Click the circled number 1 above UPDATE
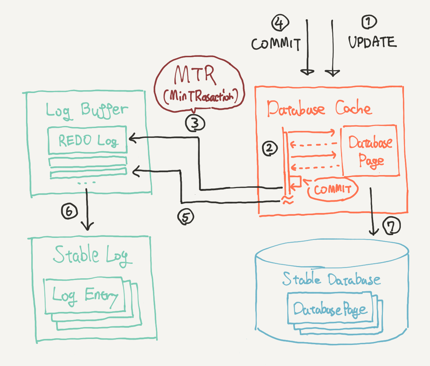369,22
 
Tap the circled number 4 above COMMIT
280,24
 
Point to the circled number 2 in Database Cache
270,148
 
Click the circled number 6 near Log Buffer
69,211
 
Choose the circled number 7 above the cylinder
392,226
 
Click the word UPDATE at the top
372,42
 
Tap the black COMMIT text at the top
276,44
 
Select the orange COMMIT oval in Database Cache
333,189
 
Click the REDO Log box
88,141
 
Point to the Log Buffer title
86,110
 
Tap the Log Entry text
85,296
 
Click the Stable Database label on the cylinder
331,280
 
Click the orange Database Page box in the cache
370,151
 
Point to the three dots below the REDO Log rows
86,183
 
